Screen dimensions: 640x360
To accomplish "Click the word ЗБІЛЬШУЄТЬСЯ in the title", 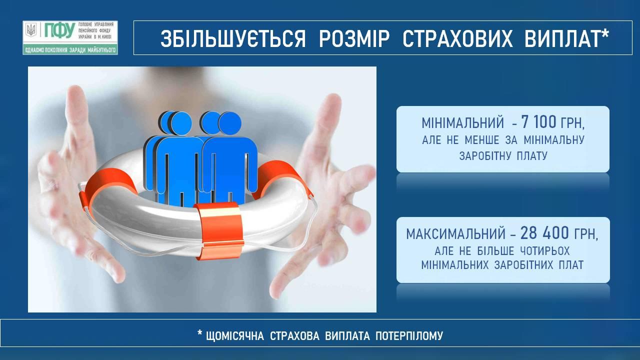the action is [x=233, y=38].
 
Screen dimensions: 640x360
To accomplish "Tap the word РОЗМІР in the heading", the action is [x=354, y=38].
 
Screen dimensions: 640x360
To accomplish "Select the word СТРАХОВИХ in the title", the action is [x=457, y=38].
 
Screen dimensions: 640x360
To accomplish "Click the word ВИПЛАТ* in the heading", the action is [x=566, y=38].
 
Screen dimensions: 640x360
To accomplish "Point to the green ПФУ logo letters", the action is [x=59, y=30].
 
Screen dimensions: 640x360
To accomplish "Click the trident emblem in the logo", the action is [x=31, y=30].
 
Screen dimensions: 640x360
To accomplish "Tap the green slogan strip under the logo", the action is [x=70, y=50].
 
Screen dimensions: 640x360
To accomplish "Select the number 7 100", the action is [x=538, y=122].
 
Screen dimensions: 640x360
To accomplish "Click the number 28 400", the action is [x=544, y=233].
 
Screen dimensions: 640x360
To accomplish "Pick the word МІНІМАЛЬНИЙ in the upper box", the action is [x=463, y=123].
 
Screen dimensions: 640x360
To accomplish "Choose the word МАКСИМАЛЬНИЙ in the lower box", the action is [x=456, y=234].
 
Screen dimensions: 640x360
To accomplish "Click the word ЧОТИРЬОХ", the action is [x=545, y=251].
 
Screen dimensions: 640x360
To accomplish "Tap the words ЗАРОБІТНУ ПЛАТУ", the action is [x=503, y=155].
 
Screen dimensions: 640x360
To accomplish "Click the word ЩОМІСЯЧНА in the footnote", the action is [x=235, y=336].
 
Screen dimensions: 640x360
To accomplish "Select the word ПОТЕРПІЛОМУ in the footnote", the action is [x=409, y=336].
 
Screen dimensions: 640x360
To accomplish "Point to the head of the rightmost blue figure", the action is [x=229, y=123].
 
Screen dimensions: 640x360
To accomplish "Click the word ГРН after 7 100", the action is [x=572, y=123].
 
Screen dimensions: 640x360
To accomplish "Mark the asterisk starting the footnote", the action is [x=200, y=333].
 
